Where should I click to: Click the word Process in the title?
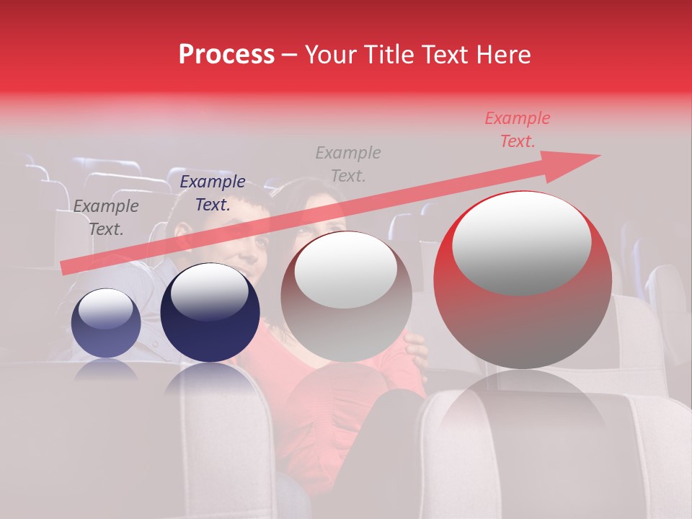pyautogui.click(x=226, y=55)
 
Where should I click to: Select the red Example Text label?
pyautogui.click(x=517, y=130)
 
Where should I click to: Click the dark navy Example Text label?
pyautogui.click(x=212, y=192)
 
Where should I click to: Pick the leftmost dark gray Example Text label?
pyautogui.click(x=105, y=217)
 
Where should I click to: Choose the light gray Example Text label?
pyautogui.click(x=348, y=164)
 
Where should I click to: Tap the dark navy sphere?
pyautogui.click(x=210, y=314)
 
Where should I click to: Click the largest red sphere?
pyautogui.click(x=522, y=281)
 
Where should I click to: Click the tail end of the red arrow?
pyautogui.click(x=65, y=267)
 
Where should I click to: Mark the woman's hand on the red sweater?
pyautogui.click(x=415, y=345)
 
